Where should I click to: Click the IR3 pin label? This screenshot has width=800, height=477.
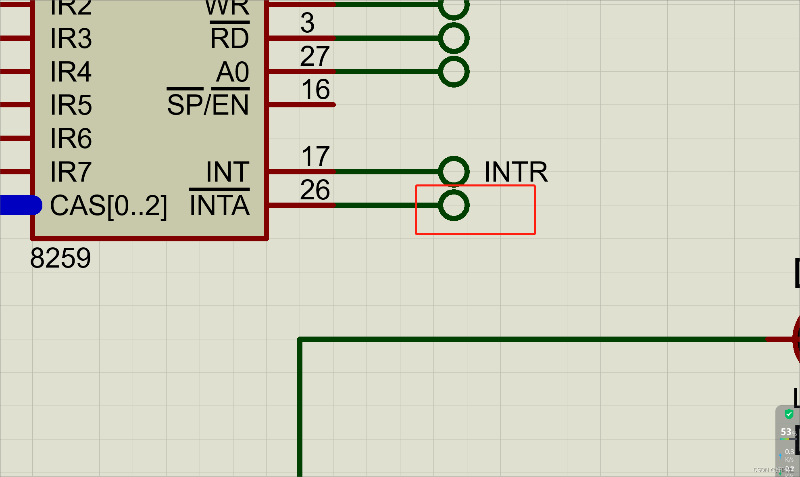click(71, 39)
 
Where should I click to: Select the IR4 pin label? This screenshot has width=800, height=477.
click(71, 72)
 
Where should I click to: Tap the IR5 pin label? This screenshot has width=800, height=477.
click(71, 105)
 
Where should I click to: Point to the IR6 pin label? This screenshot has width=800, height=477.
click(71, 138)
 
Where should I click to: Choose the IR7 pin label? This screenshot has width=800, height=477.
click(71, 172)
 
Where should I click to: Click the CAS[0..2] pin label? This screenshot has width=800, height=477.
click(108, 206)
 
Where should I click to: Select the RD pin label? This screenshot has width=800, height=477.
click(229, 39)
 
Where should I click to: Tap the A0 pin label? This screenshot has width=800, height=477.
click(233, 72)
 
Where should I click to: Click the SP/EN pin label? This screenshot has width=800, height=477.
click(208, 105)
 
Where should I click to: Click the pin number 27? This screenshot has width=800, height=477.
click(315, 56)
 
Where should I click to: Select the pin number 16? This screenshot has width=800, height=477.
click(315, 89)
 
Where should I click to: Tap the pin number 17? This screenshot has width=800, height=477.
click(315, 156)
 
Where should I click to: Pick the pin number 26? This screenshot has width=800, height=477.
click(315, 190)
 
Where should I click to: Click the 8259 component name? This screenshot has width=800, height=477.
click(60, 258)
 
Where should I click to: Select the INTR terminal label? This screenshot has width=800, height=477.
click(516, 172)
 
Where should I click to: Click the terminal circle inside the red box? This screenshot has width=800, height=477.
click(454, 205)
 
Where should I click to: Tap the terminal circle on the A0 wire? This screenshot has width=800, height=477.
click(454, 72)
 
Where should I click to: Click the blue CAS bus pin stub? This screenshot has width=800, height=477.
click(20, 205)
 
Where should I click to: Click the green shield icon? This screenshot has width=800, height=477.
click(789, 414)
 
